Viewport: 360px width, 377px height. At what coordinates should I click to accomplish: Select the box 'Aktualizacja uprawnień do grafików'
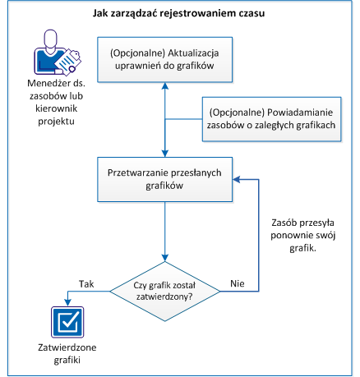pyautogui.click(x=166, y=59)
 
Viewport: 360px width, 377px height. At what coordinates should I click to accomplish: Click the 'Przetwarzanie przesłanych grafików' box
pyautogui.click(x=166, y=180)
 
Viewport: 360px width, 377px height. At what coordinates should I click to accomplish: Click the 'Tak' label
pyautogui.click(x=86, y=282)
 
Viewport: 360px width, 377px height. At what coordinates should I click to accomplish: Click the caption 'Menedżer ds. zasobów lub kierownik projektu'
pyautogui.click(x=52, y=103)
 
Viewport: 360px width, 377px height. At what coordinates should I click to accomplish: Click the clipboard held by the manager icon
pyautogui.click(x=71, y=57)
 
